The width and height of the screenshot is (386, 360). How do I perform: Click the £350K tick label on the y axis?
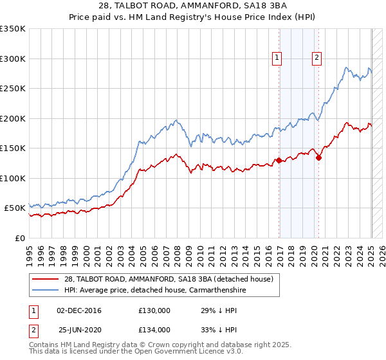point(12,29)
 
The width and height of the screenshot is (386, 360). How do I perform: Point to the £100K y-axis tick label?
point(12,178)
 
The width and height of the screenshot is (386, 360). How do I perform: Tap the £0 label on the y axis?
point(20,238)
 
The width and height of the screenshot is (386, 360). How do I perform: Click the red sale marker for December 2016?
point(279,160)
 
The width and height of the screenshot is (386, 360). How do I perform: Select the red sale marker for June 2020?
point(318,158)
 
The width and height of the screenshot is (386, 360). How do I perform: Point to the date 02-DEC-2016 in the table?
point(79,310)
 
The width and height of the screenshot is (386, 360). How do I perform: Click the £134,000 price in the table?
point(154,329)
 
